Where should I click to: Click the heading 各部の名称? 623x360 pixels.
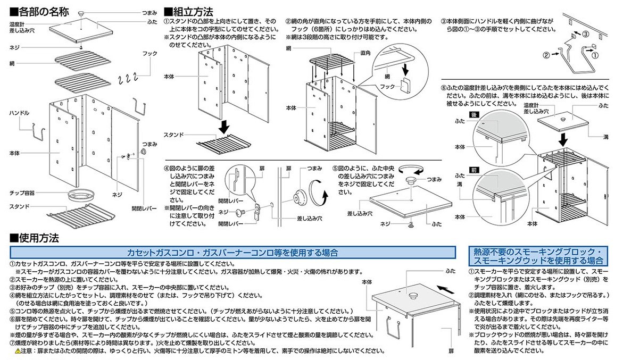tap(40, 11)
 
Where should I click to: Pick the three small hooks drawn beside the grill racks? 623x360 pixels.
tap(126, 79)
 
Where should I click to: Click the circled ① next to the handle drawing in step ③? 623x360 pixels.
tap(594, 54)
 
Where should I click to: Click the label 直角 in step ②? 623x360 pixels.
tap(366, 53)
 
